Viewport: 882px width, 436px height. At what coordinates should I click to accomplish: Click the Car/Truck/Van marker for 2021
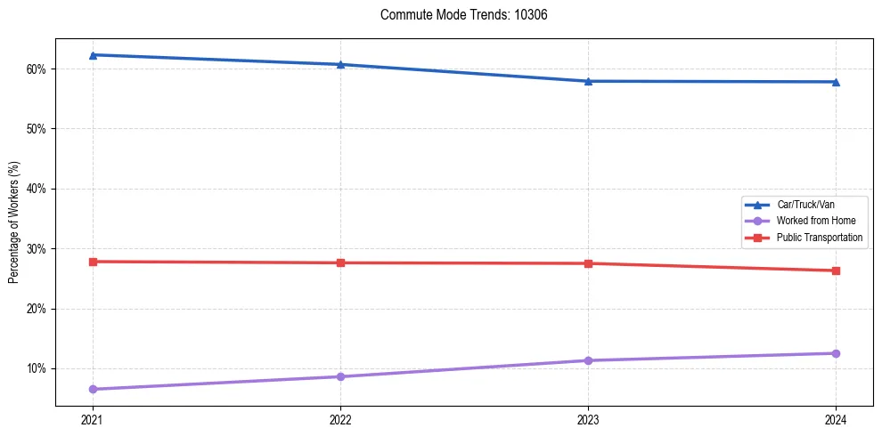[x=93, y=55]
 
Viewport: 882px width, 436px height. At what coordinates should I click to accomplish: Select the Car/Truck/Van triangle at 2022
[x=340, y=64]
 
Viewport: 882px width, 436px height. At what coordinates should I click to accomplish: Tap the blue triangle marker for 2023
[x=588, y=81]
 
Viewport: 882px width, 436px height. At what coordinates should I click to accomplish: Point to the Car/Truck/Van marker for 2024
[x=836, y=82]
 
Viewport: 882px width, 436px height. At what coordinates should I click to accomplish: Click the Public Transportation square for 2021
[x=93, y=262]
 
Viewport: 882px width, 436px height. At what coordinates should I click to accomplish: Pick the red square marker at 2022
[x=340, y=262]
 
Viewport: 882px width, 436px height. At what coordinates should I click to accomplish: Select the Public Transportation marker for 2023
[x=588, y=263]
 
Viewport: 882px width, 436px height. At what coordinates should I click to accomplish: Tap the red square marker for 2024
[x=836, y=270]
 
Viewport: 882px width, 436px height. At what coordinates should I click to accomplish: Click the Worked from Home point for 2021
[x=93, y=389]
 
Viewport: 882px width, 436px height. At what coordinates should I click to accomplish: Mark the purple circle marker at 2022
[x=340, y=376]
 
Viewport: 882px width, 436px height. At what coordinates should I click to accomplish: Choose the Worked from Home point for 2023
[x=588, y=360]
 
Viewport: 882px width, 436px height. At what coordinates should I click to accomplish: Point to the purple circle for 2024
[x=836, y=353]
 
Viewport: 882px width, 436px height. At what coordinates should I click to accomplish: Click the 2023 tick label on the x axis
[x=588, y=418]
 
